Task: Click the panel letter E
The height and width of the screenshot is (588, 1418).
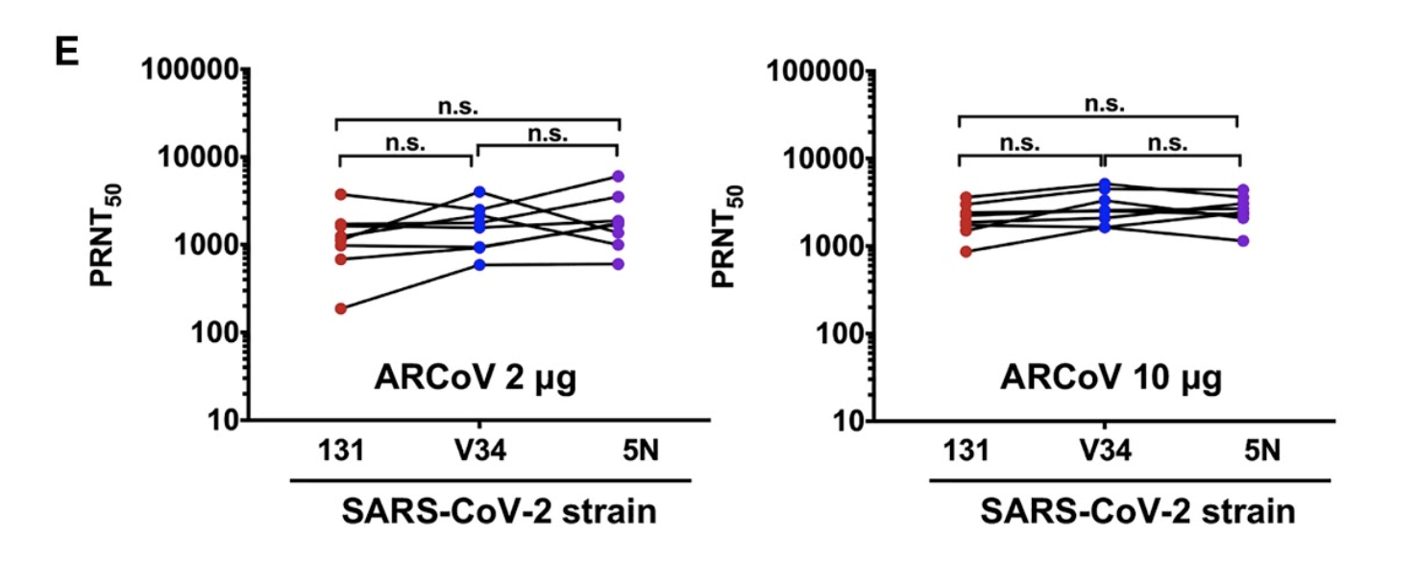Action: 64,53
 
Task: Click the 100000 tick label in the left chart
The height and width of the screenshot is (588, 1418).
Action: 189,70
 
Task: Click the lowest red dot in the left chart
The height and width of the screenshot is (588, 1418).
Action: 341,308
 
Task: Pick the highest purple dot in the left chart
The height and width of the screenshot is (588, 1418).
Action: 619,176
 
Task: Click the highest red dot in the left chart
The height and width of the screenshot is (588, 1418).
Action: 341,194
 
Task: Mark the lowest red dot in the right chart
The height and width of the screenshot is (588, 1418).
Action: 965,252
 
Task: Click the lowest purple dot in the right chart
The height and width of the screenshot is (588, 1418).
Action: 1242,240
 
